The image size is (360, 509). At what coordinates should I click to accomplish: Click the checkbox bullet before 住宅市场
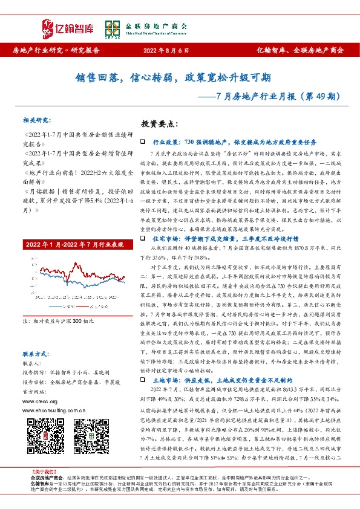142,239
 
